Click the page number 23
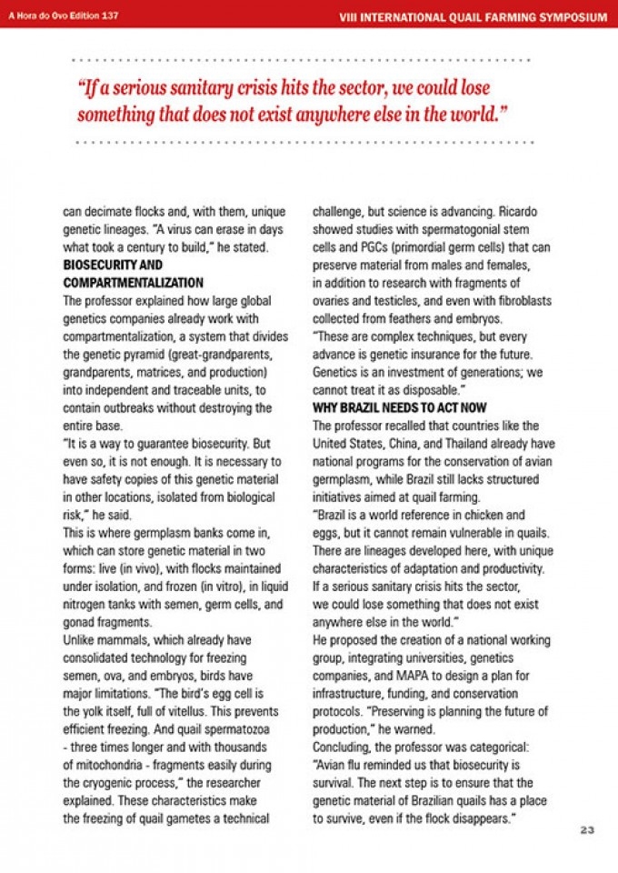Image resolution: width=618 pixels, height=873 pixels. (x=585, y=829)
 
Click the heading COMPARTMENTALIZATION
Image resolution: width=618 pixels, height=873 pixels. (x=133, y=283)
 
